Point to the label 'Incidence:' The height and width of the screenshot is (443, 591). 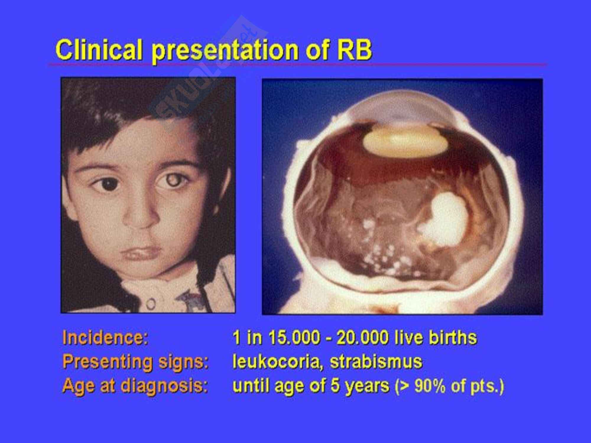(105, 337)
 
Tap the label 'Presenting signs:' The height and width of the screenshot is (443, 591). (136, 362)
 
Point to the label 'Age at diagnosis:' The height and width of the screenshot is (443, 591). (135, 386)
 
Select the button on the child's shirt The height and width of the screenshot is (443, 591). (151, 303)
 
